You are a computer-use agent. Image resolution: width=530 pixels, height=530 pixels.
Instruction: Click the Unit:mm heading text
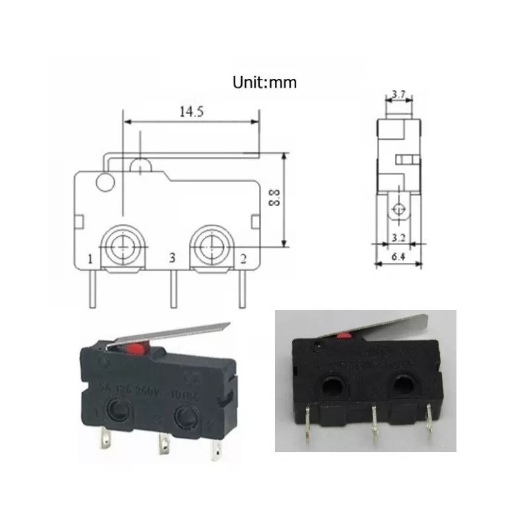click(264, 83)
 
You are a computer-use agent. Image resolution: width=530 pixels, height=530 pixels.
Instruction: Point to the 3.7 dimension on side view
click(399, 95)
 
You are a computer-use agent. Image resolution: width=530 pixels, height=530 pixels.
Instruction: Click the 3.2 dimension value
click(397, 235)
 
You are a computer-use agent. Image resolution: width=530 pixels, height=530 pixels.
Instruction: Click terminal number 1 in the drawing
click(89, 258)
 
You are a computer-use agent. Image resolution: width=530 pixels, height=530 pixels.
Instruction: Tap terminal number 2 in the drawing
click(242, 258)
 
